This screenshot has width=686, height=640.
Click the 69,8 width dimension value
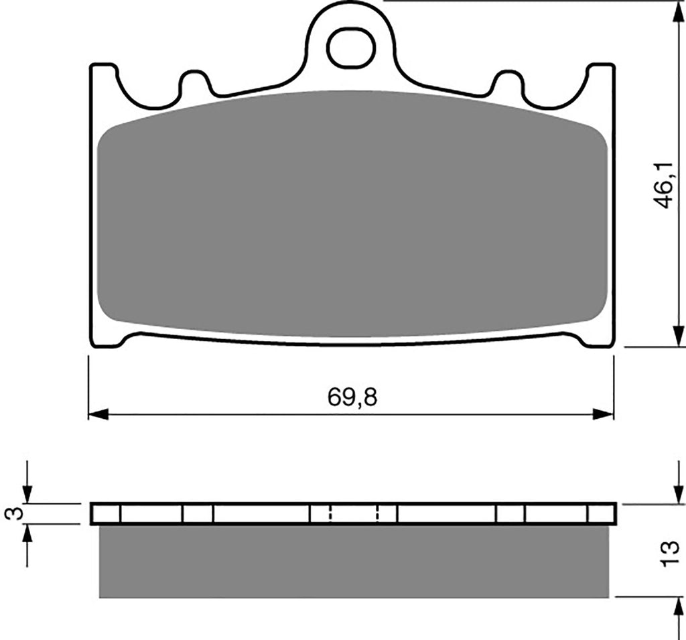[x=352, y=397]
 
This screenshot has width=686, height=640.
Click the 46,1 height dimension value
[x=663, y=185]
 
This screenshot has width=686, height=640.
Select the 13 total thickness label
[x=670, y=554]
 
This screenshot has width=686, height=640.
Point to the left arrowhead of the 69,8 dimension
[x=98, y=413]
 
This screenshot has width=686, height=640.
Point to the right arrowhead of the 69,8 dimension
[x=604, y=413]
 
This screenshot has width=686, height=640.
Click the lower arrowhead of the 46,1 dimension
[x=678, y=336]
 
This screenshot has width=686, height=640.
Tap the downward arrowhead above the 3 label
[x=27, y=494]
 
